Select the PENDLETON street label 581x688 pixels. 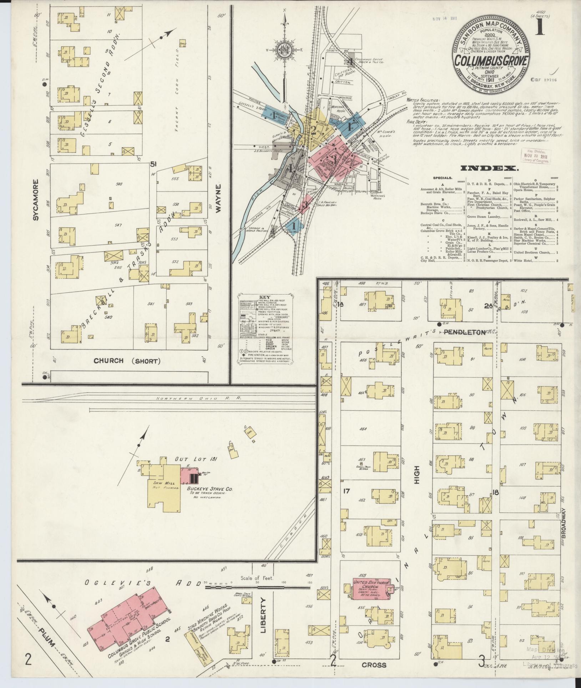pos(464,332)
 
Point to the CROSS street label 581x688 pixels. pos(374,665)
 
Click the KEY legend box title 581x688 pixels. pos(265,297)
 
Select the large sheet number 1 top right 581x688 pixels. pos(540,27)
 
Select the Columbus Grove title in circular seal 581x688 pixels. pos(491,60)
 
